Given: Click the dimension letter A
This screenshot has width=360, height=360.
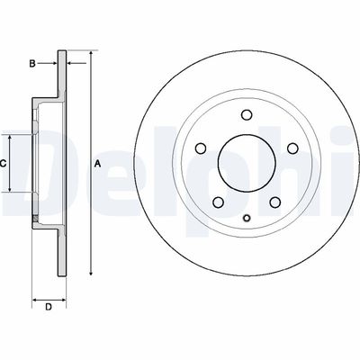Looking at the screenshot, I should [97, 163].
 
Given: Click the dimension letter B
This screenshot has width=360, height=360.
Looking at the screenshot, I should [31, 63].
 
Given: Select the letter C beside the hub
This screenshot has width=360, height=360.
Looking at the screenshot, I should [4, 163].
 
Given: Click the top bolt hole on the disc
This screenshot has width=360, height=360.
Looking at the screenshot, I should [247, 114].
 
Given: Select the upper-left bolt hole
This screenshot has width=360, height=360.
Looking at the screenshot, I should [201, 148].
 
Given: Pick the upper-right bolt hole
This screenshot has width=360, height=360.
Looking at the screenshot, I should [292, 148].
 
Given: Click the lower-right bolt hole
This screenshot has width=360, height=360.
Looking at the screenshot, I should [274, 201].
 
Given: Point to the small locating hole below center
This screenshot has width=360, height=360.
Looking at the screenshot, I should [247, 220].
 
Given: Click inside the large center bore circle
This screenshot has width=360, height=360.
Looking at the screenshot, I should [247, 163].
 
